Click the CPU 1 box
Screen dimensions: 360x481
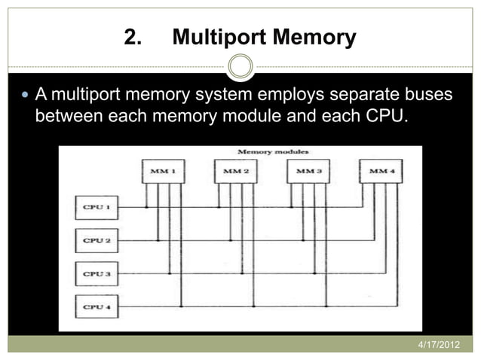(x=97, y=206)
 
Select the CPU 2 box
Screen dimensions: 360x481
(x=97, y=240)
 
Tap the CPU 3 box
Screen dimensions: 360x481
(x=97, y=273)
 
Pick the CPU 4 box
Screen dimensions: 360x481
(x=97, y=307)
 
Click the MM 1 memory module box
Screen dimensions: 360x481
(x=163, y=172)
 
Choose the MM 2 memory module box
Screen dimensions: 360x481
(x=235, y=172)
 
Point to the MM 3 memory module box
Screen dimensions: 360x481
(x=308, y=172)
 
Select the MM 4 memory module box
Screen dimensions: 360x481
(x=379, y=172)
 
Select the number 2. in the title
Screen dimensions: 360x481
(x=133, y=37)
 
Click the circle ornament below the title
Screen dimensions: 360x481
(x=240, y=66)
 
